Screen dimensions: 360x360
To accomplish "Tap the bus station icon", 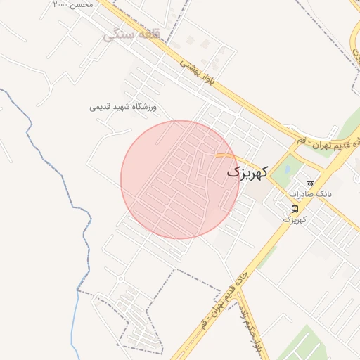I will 295,209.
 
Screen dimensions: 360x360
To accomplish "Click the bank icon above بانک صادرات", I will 310,184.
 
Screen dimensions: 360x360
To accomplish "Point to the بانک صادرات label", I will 309,193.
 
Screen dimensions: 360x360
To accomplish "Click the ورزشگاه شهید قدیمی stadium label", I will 126,107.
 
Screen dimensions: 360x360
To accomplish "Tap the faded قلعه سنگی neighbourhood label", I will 131,34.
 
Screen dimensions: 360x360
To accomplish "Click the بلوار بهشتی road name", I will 199,73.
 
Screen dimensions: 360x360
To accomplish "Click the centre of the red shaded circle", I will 179,179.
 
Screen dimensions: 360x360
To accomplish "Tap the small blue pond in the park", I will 287,167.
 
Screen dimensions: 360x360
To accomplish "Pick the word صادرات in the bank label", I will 301,193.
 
